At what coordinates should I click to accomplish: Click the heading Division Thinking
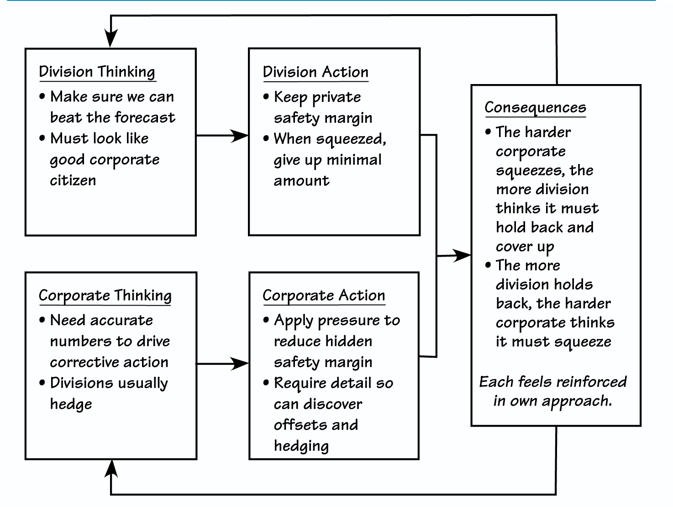(x=97, y=72)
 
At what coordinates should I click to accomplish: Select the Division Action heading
(x=315, y=72)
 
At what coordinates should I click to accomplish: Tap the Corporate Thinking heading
(x=105, y=296)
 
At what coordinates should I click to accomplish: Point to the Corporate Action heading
(x=324, y=296)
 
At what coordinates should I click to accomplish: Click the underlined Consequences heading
(x=535, y=107)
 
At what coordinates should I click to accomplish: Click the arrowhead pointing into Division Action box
(x=240, y=136)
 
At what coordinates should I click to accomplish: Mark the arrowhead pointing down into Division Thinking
(x=110, y=39)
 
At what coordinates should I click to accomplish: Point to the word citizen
(x=73, y=180)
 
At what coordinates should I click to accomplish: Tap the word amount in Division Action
(x=301, y=181)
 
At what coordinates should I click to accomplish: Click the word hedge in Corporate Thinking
(x=71, y=404)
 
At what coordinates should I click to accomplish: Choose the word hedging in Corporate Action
(x=301, y=446)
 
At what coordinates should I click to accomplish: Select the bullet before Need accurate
(x=42, y=320)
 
